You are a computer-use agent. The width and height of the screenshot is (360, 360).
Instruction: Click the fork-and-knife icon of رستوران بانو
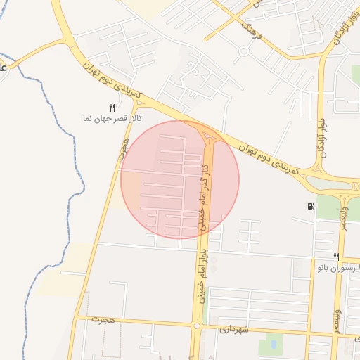coord(337,257)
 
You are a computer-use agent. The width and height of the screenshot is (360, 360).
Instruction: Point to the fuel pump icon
coord(311,207)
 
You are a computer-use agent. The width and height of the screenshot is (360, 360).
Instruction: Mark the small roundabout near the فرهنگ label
coord(243,51)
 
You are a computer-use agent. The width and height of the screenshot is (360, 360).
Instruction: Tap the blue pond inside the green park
coord(270,346)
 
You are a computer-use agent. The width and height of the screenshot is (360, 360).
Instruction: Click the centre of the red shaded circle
coord(180,179)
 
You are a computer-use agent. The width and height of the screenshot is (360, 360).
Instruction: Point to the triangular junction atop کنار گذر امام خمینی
coord(210,134)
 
